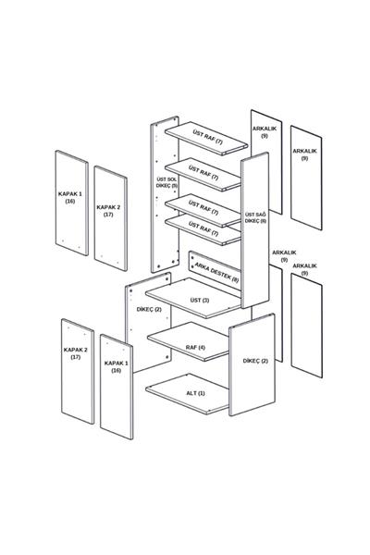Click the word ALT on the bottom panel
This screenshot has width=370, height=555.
click(191, 393)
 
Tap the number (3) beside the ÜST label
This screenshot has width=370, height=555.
click(205, 300)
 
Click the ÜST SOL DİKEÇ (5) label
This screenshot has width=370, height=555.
click(166, 182)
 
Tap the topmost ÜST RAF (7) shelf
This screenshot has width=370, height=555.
click(206, 139)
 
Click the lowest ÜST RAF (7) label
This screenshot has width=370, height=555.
click(203, 228)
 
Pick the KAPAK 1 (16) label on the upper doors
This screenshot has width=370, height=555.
click(70, 198)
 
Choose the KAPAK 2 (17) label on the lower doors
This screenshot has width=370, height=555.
click(76, 353)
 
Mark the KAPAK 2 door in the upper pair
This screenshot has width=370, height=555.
click(111, 218)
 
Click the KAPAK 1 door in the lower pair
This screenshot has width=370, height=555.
click(117, 387)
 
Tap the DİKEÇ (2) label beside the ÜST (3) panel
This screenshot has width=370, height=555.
click(149, 309)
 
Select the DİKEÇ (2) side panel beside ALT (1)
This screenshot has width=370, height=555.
click(252, 364)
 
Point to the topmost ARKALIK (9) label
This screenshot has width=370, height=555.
click(265, 132)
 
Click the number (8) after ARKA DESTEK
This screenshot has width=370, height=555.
click(235, 279)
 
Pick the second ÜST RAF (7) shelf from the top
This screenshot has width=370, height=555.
click(203, 175)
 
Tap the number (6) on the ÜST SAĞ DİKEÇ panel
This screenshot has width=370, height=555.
click(263, 221)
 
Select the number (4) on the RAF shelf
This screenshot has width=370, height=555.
click(202, 347)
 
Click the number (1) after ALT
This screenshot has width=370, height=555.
click(201, 393)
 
